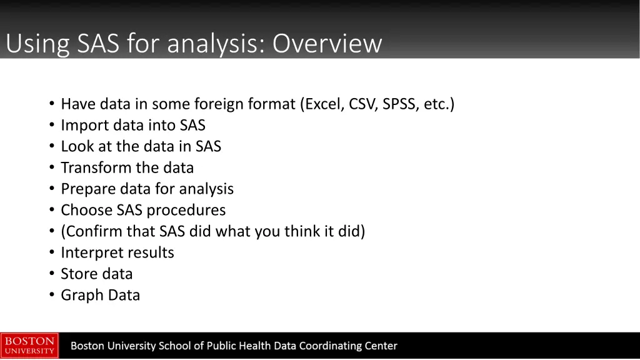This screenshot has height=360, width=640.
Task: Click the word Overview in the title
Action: tap(326, 44)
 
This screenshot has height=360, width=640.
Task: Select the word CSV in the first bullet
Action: tap(362, 104)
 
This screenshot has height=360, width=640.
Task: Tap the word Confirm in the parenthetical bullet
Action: tap(92, 232)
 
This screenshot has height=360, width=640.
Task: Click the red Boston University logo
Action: tap(29, 346)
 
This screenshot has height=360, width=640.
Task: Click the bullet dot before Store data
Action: tap(52, 274)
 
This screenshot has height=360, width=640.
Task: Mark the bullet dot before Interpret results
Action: tap(52, 253)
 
